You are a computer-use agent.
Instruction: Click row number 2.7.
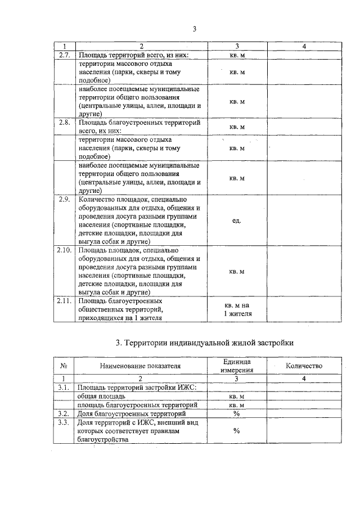tap(64, 56)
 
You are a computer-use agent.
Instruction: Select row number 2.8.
tap(64, 122)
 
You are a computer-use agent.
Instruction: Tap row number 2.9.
tap(64, 199)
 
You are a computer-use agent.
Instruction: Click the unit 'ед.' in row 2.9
tap(236, 220)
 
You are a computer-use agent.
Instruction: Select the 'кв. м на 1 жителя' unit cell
tap(236, 309)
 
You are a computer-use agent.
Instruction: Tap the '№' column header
tap(64, 366)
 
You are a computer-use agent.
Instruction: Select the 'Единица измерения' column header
tap(236, 366)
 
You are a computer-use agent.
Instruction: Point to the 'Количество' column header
tap(304, 366)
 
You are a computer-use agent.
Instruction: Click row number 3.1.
tap(64, 388)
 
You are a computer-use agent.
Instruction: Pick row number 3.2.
tap(64, 413)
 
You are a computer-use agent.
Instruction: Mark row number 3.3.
tap(64, 422)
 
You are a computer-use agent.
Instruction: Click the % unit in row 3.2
tap(236, 413)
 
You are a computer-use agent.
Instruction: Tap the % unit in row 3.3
tap(236, 431)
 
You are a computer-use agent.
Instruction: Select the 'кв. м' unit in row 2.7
tap(236, 56)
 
